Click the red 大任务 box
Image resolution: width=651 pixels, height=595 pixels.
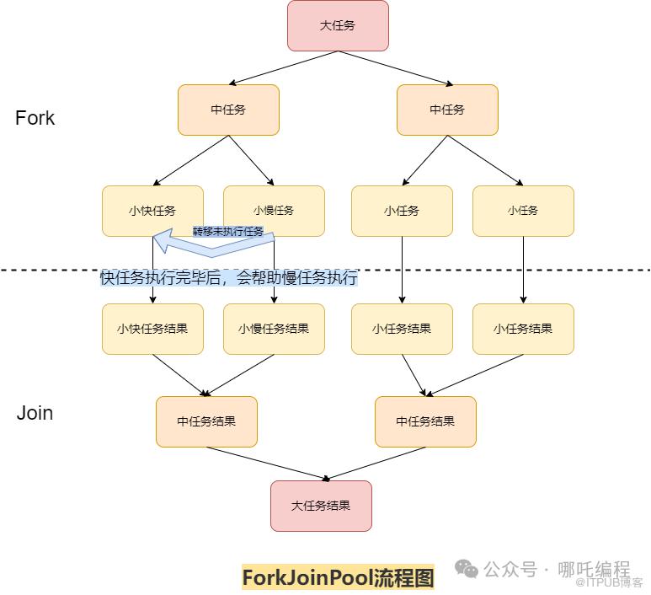(338, 25)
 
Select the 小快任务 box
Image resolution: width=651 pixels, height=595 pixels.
(152, 211)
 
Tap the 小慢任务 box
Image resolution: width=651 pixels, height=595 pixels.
(274, 211)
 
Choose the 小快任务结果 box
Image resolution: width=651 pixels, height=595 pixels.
(152, 329)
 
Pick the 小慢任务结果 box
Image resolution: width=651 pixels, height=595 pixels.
(274, 329)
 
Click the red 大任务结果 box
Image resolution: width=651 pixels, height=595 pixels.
(321, 506)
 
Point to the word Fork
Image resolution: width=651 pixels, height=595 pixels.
(35, 118)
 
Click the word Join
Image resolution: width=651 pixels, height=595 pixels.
(35, 413)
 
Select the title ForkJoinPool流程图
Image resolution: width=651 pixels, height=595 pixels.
(338, 577)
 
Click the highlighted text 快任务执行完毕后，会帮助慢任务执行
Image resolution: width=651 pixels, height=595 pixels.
(228, 278)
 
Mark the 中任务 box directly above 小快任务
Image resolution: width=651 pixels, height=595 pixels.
(228, 110)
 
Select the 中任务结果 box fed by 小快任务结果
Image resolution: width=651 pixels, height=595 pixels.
(206, 421)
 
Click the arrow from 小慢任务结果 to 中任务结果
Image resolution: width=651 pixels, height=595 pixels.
(240, 375)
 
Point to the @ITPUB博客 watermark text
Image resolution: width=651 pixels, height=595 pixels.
(610, 582)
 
